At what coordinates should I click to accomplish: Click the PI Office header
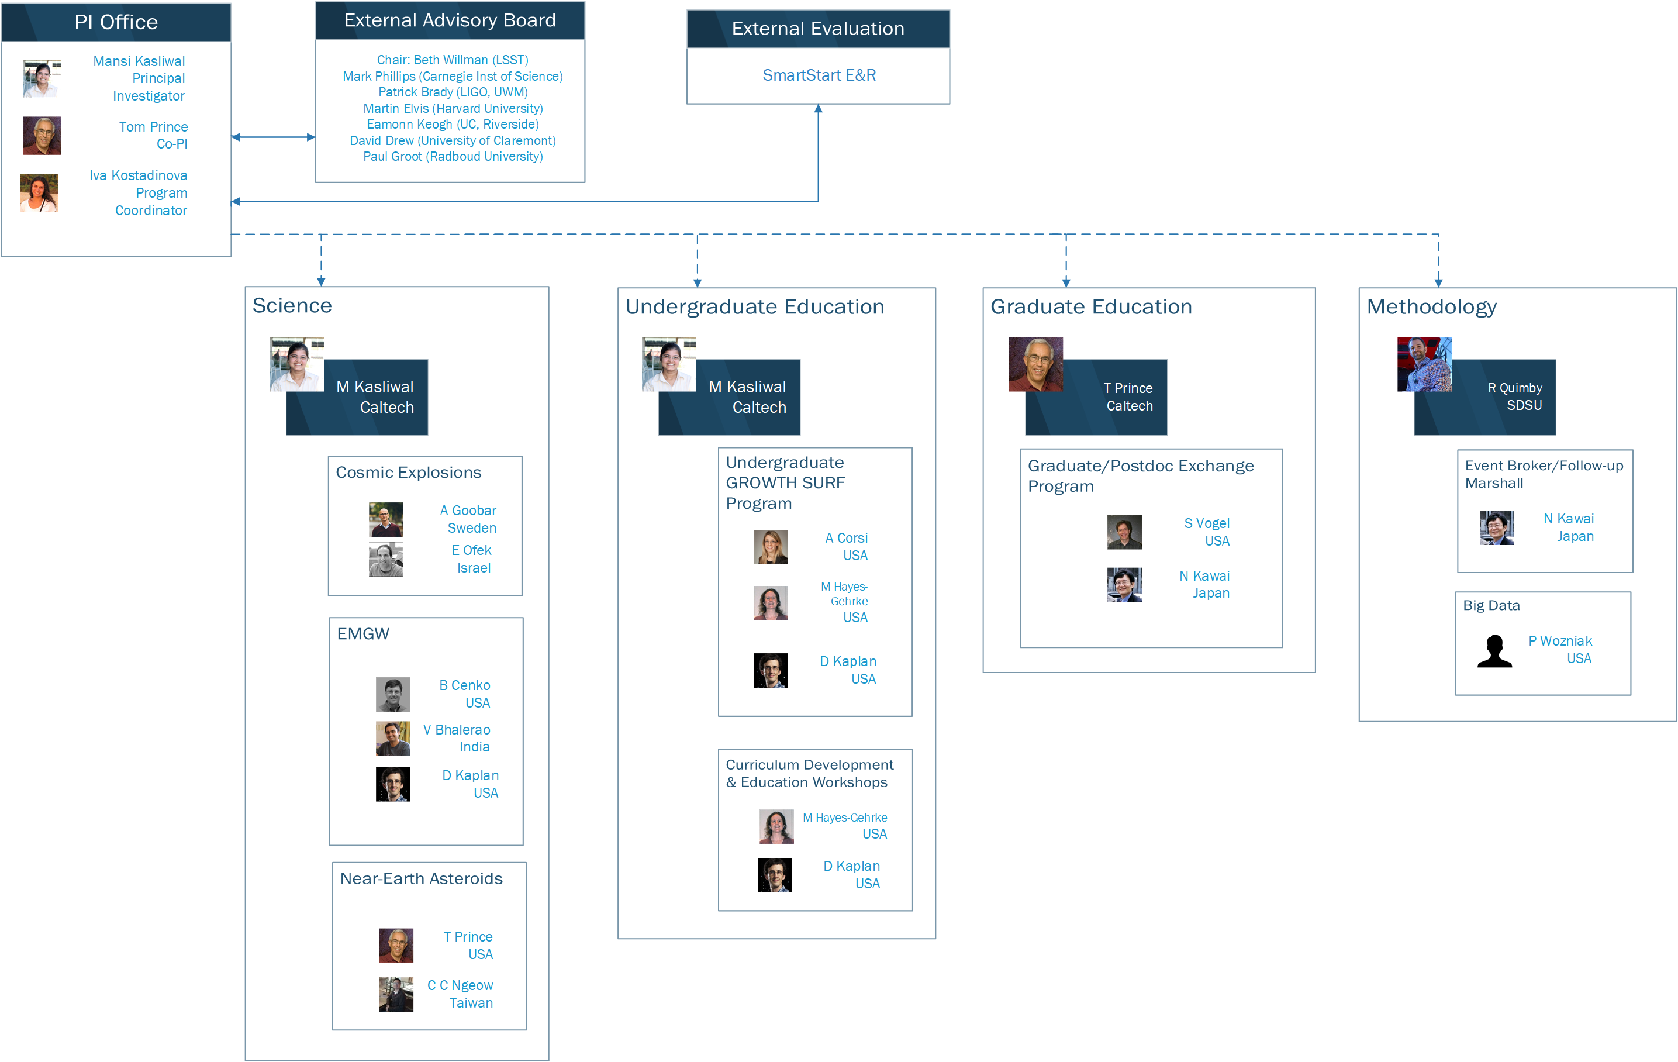[116, 22]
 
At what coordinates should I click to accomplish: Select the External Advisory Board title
[450, 20]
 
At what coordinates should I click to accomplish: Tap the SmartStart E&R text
[819, 75]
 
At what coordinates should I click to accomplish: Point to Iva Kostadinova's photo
[39, 193]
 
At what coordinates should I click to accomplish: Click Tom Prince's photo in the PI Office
[43, 135]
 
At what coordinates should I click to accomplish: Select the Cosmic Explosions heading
[408, 473]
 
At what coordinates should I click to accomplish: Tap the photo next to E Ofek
[386, 560]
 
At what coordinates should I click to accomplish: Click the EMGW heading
[363, 633]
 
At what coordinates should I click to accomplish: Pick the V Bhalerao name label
[457, 730]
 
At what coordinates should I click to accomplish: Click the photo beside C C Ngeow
[396, 994]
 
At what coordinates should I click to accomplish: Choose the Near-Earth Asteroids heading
[421, 879]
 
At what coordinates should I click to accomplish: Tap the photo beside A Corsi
[771, 547]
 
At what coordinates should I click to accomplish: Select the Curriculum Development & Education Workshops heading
[810, 774]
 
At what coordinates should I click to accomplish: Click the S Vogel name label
[1207, 523]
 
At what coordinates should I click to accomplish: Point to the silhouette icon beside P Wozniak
[1495, 651]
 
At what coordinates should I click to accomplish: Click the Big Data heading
[1491, 606]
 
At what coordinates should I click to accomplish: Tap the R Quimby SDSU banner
[1485, 397]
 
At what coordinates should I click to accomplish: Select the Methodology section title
[1432, 306]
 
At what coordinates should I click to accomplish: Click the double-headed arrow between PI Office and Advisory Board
[273, 137]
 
